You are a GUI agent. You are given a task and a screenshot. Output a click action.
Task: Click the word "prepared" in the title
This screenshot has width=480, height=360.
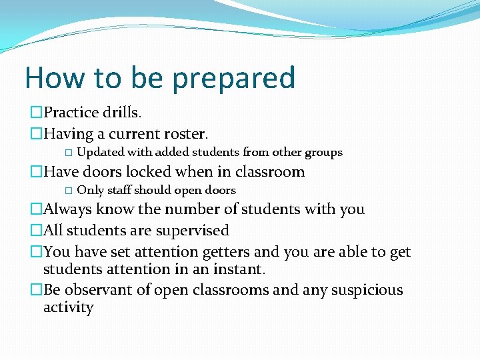233,79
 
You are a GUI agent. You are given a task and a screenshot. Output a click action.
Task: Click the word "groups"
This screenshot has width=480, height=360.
323,153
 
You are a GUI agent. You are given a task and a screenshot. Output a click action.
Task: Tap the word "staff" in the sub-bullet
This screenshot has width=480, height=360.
133,191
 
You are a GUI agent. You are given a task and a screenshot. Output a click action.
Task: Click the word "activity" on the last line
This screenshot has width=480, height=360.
68,307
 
